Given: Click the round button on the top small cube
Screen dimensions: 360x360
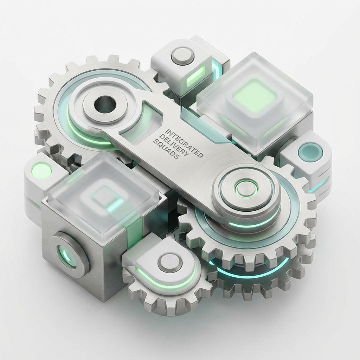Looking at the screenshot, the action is point(183,56).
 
